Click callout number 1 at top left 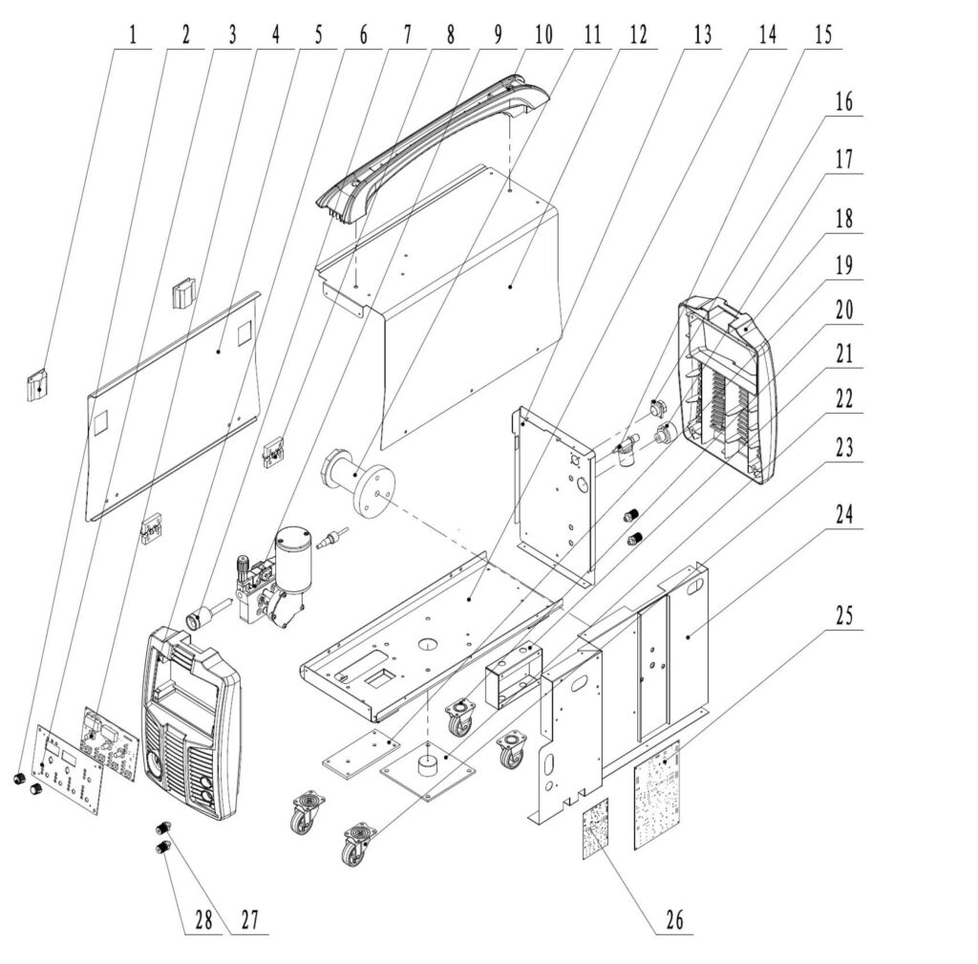pos(133,35)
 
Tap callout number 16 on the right pos(844,101)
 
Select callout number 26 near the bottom pos(674,920)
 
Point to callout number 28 pos(203,920)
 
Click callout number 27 pos(249,920)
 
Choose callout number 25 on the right pos(844,616)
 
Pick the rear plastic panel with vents pos(728,390)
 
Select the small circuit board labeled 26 pos(596,828)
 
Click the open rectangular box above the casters pos(514,677)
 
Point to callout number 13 pos(702,35)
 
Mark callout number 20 pos(844,311)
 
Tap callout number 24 pos(844,515)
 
